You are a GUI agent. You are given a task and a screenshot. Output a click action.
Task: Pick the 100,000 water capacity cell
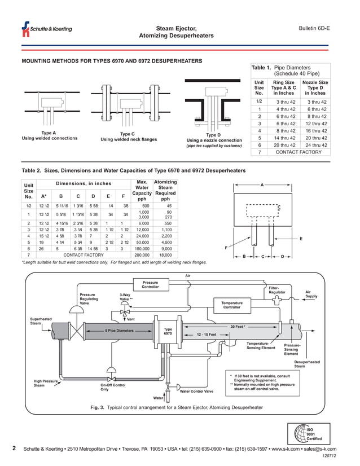click(142, 248)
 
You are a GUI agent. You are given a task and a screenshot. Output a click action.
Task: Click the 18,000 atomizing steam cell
click(165, 255)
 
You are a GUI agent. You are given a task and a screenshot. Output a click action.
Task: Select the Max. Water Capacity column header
click(142, 190)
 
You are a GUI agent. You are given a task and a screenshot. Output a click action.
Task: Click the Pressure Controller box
click(150, 285)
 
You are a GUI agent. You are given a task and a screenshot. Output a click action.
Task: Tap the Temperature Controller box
click(231, 306)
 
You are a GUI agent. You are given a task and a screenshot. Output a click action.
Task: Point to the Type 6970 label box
click(168, 332)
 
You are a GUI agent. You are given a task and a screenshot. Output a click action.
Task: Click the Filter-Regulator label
click(277, 290)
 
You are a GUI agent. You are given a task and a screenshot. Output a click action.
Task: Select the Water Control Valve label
click(196, 391)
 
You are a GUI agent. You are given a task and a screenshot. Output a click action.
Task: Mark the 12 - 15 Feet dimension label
click(210, 335)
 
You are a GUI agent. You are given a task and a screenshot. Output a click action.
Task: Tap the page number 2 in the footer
click(14, 449)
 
